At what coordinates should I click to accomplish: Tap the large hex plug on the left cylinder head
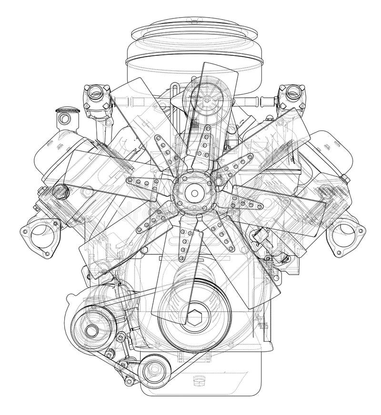[x=60, y=192]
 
